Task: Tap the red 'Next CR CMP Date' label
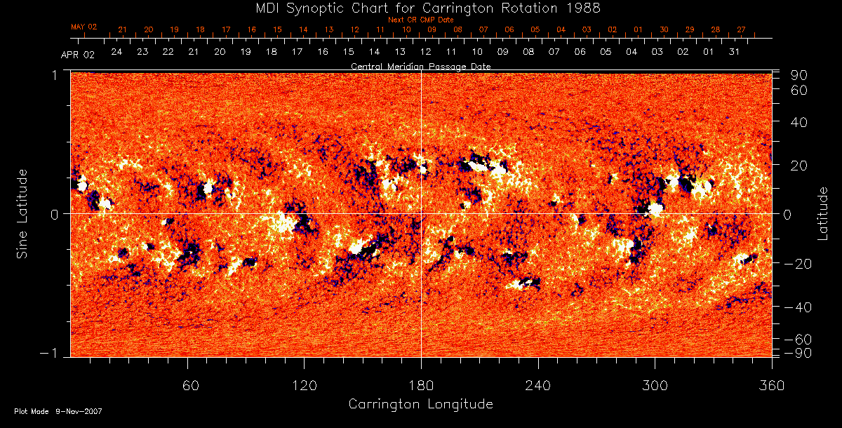coord(420,20)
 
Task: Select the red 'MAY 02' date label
coord(83,27)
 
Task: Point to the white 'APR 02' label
coord(78,54)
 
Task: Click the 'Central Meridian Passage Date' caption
coord(420,66)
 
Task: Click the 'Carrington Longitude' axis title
coord(420,404)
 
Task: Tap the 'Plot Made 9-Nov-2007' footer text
coord(58,411)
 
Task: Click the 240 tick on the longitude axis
coord(538,385)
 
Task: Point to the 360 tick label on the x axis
coord(772,385)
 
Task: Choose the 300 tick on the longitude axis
coord(655,385)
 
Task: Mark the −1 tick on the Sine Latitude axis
coord(52,354)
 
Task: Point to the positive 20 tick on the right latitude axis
coord(801,166)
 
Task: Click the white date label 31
coord(734,52)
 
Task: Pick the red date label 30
coord(664,29)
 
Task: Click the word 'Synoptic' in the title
coord(319,8)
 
